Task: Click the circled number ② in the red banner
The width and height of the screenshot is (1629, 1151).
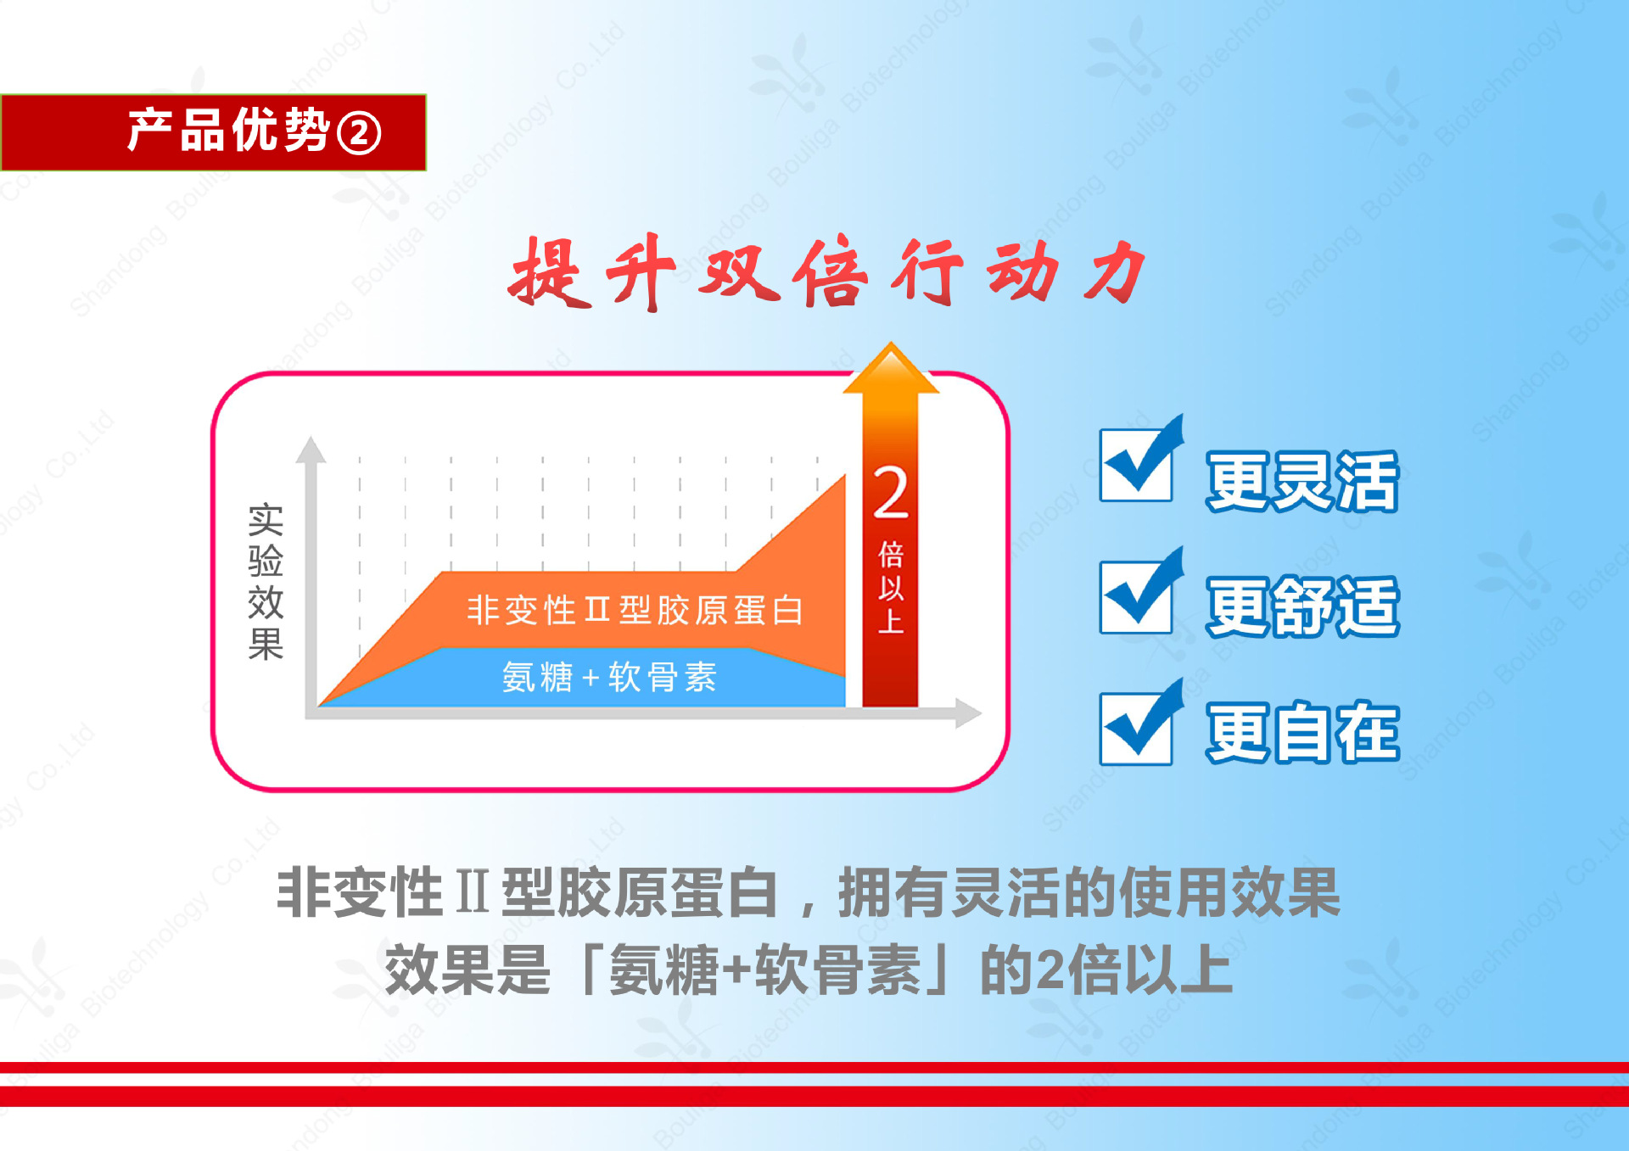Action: point(359,134)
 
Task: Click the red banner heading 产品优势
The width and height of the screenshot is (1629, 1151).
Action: point(227,131)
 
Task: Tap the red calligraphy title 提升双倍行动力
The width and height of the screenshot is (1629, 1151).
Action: point(827,271)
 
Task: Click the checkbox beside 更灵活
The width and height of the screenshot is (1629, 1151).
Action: point(1136,465)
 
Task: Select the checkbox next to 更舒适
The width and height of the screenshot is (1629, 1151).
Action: point(1136,596)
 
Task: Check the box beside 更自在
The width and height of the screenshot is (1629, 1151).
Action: point(1136,728)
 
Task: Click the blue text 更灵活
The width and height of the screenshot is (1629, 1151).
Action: point(1302,482)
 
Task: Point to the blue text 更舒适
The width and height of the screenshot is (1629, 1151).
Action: point(1302,606)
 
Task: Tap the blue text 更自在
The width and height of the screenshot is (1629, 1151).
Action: point(1302,732)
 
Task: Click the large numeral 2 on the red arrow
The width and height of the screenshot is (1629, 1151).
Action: point(891,494)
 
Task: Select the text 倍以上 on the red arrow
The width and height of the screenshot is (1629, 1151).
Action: point(891,587)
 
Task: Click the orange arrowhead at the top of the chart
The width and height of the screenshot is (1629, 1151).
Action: point(891,369)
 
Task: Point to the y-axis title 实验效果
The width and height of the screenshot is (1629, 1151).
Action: point(266,582)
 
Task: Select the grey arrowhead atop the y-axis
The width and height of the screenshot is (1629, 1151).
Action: point(311,450)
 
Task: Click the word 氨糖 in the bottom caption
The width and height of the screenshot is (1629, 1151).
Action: point(663,970)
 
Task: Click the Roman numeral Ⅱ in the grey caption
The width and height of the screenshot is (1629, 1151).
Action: point(472,892)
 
